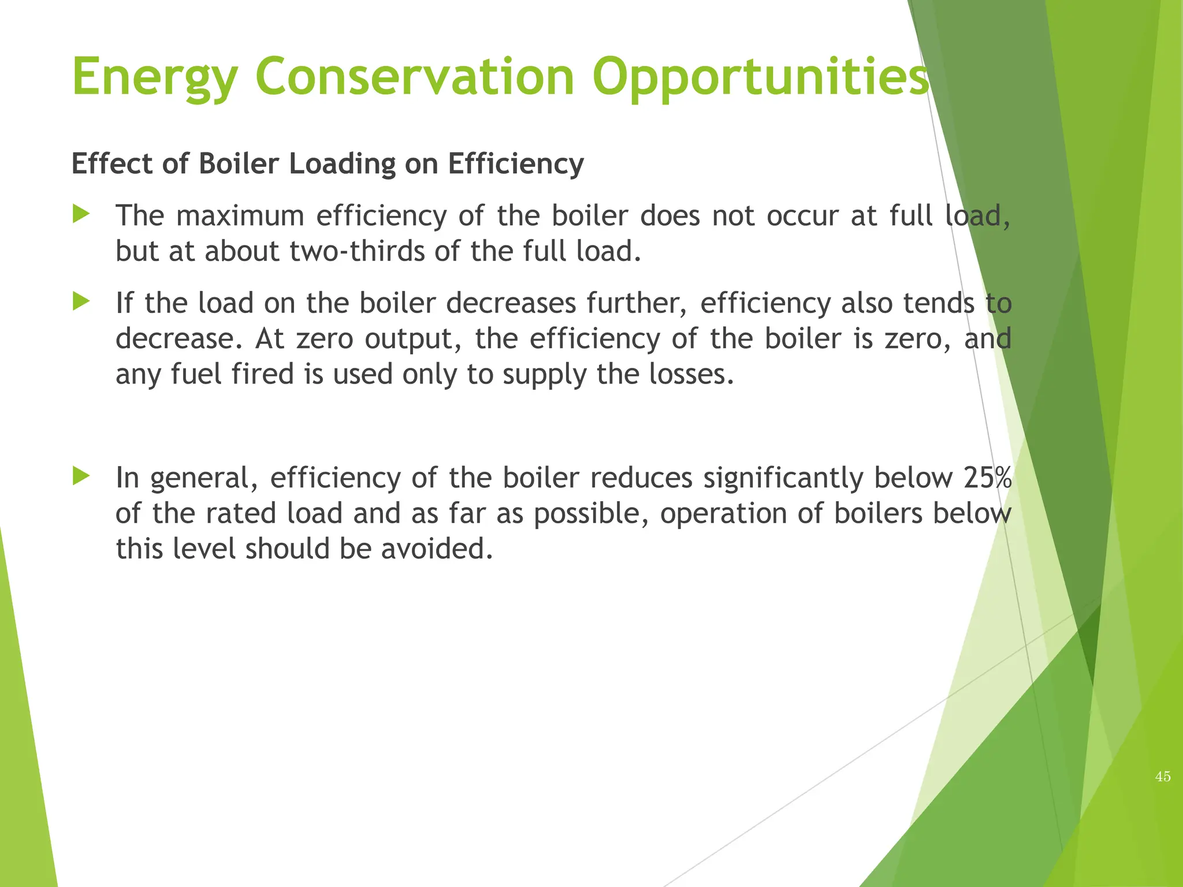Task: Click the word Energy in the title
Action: click(154, 78)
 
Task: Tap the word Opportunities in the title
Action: click(760, 78)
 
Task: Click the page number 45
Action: click(1163, 777)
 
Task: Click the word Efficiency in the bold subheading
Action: click(516, 165)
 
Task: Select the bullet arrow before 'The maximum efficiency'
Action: click(81, 215)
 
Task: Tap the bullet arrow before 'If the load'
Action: click(81, 301)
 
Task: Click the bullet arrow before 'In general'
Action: click(81, 476)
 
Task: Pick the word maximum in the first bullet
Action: click(240, 216)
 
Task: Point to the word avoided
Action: click(437, 549)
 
